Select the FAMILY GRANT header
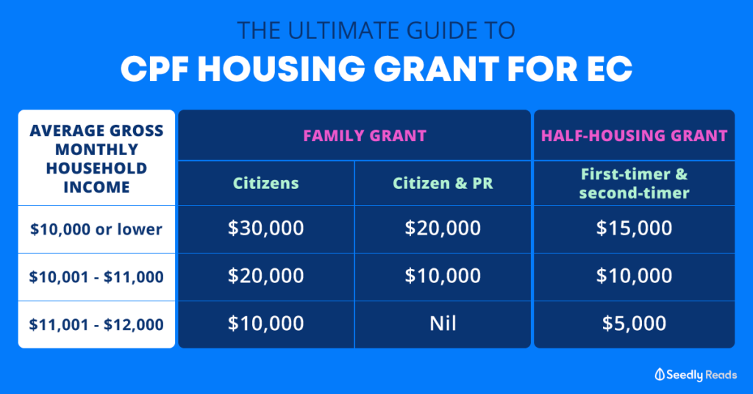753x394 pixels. click(354, 135)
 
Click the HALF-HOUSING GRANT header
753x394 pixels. click(634, 135)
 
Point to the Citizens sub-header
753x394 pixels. click(266, 183)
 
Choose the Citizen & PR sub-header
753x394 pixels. click(443, 183)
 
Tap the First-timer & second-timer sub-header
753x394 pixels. click(634, 184)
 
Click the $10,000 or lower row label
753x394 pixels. click(96, 229)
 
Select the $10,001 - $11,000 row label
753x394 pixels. click(96, 276)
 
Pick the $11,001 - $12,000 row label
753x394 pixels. click(96, 323)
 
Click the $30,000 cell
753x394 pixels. click(266, 229)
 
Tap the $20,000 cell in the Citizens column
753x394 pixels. click(266, 276)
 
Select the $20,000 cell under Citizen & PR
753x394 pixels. click(443, 229)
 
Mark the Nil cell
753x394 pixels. click(443, 323)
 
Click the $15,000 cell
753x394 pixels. click(634, 229)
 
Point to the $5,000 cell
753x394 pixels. click(634, 323)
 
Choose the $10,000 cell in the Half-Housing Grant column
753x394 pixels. click(634, 276)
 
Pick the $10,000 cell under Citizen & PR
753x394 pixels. click(443, 276)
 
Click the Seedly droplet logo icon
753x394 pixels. click(660, 374)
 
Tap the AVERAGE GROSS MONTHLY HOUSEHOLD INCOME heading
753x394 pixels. click(96, 159)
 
